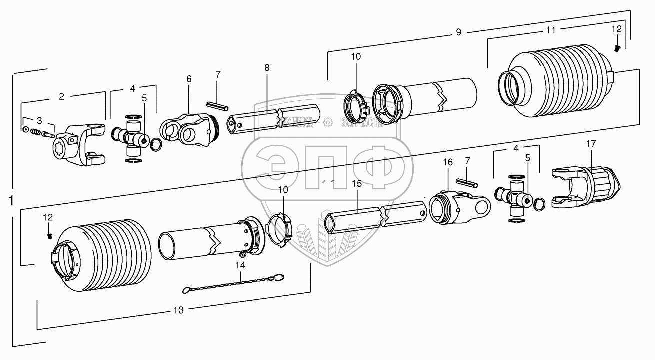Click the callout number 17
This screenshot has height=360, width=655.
point(591,144)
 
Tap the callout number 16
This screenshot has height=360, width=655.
point(447,162)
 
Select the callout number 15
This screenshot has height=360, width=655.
point(356,184)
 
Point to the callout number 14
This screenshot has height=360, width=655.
point(241,265)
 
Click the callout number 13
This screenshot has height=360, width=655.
point(178,310)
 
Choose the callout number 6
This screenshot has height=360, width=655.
point(189,79)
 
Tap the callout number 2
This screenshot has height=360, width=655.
point(61,97)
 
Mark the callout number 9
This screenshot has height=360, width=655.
point(458,32)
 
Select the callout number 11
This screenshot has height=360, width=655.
point(550,30)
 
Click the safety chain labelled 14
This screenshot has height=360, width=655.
point(234,283)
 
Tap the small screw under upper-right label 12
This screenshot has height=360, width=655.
point(617,48)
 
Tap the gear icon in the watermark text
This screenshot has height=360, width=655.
point(327,121)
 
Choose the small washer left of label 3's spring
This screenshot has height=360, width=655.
point(24,130)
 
